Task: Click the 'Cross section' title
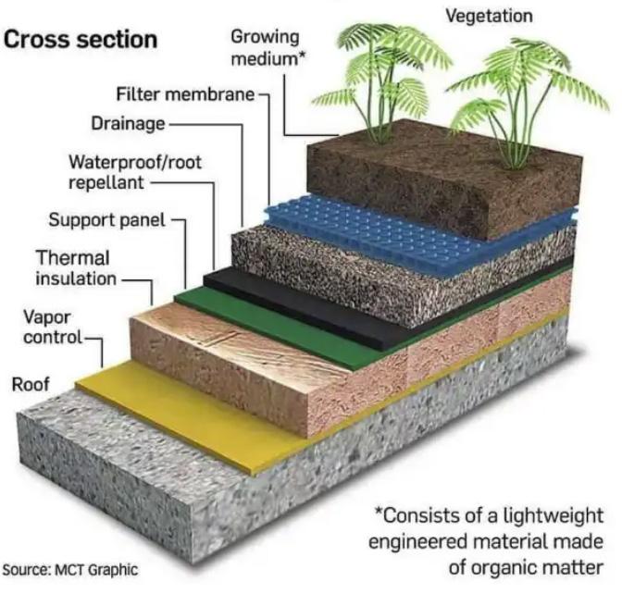(x=81, y=42)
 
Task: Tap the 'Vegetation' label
(x=489, y=16)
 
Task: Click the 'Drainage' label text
(x=128, y=123)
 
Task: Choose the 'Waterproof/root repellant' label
(x=134, y=172)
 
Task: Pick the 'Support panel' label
(x=106, y=220)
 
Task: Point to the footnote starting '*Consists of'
(x=487, y=540)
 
